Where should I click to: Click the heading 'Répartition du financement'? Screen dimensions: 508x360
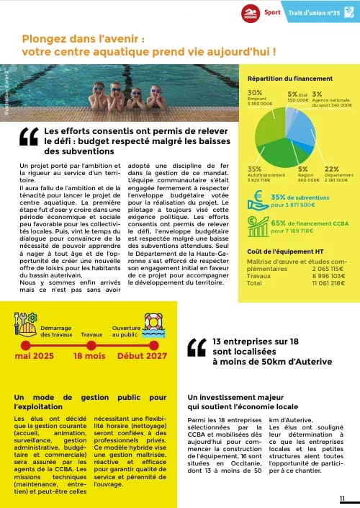[x=289, y=79]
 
